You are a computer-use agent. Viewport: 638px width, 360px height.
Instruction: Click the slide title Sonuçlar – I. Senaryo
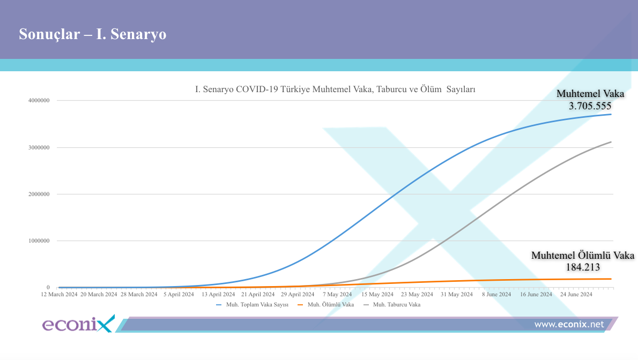click(92, 34)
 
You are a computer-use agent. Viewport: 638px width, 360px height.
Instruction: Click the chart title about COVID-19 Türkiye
click(335, 89)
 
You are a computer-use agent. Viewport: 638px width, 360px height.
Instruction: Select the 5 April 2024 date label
click(180, 294)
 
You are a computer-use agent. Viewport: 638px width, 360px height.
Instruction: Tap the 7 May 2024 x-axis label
click(338, 294)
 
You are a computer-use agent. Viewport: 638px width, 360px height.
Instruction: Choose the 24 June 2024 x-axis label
click(576, 294)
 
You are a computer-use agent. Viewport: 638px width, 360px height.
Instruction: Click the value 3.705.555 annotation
click(590, 106)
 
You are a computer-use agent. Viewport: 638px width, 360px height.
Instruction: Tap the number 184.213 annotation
click(583, 267)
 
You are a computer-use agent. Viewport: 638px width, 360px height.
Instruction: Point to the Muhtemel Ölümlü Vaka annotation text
click(582, 256)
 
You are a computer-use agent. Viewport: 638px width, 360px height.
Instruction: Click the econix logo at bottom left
click(78, 324)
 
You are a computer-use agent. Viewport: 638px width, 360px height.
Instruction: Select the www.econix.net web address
click(569, 324)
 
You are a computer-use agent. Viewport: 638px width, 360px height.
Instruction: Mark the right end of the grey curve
click(611, 142)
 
